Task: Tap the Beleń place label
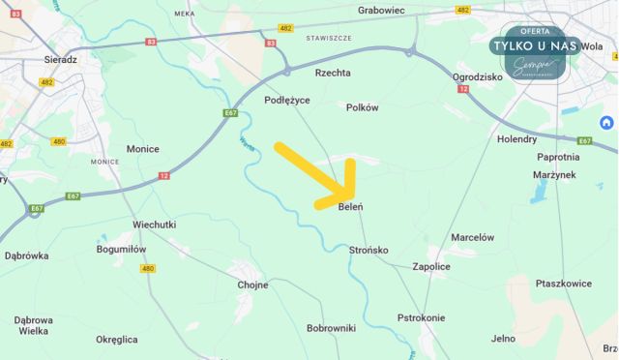coord(351,207)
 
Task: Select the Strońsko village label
coord(368,250)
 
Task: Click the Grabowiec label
coord(380,11)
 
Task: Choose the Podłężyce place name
coord(287,100)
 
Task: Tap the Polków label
coord(363,108)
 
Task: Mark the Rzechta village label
coord(333,73)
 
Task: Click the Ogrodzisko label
coord(476,75)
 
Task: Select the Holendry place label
coord(516,139)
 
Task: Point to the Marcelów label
coord(473,237)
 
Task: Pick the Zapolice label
coord(431,266)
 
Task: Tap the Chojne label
coord(252,285)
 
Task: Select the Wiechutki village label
coord(154,225)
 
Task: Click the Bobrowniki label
coord(332,328)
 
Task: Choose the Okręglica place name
coord(117,340)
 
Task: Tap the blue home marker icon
coord(606,123)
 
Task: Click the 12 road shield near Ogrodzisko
coord(463,89)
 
